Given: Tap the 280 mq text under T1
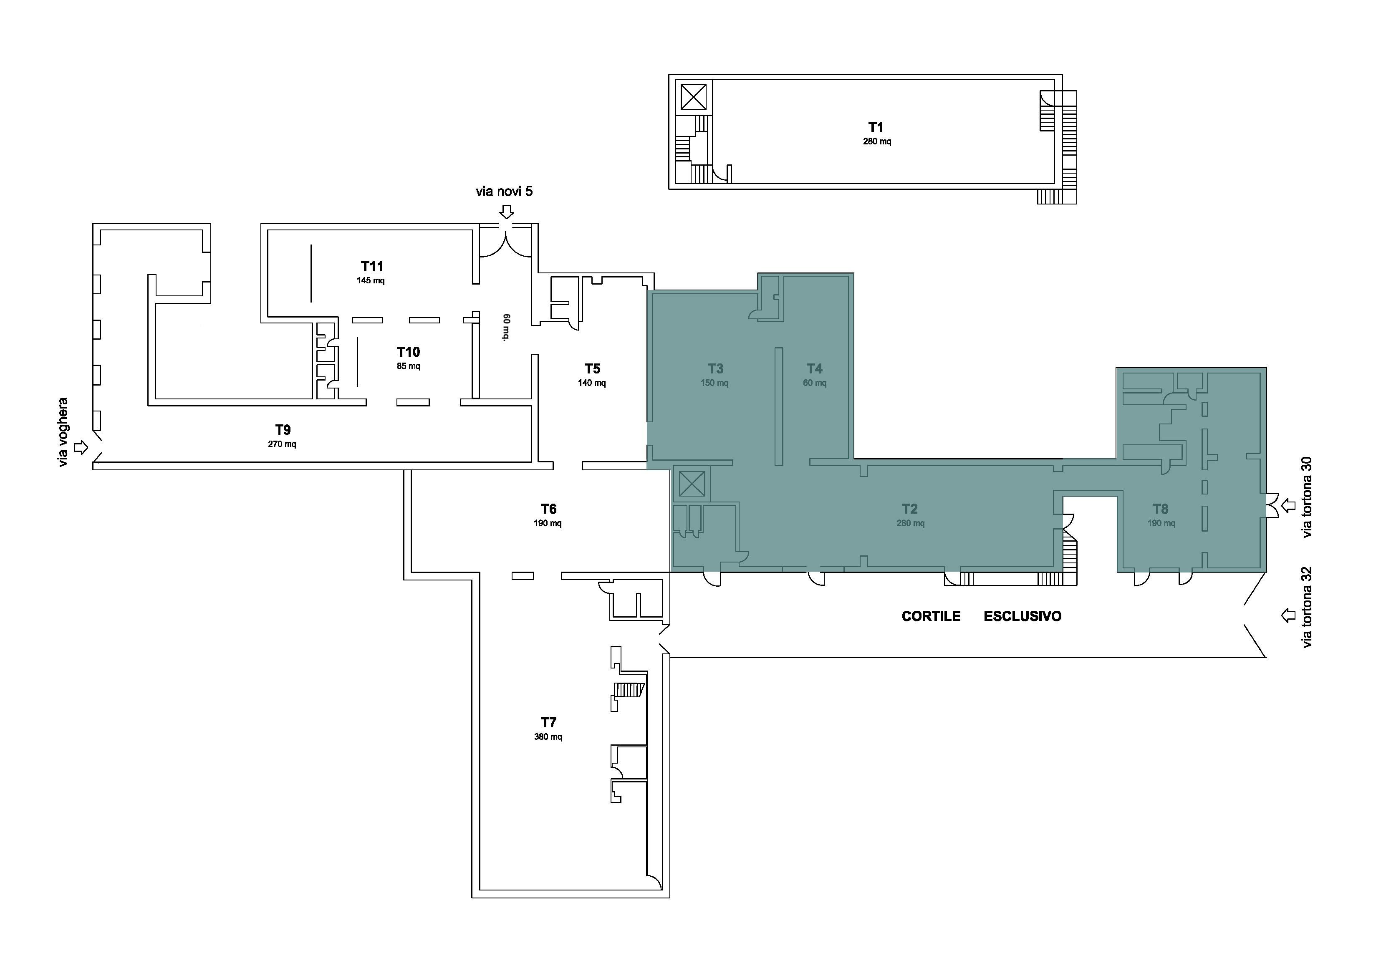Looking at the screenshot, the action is click(x=877, y=142).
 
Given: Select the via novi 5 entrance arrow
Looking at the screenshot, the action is click(x=507, y=212).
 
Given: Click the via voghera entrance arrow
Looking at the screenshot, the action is click(x=81, y=447).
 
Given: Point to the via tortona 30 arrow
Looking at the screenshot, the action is click(x=1288, y=506).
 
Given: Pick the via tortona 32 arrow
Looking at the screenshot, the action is click(x=1288, y=615).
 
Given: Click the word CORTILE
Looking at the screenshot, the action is click(x=931, y=616).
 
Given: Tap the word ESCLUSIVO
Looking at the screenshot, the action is click(x=1022, y=616).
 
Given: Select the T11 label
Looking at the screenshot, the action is click(x=372, y=266).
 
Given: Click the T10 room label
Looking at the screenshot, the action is click(x=409, y=352).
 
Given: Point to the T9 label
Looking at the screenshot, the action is click(x=283, y=430).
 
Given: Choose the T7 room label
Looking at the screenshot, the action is click(x=548, y=722).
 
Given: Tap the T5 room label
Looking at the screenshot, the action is click(x=593, y=368).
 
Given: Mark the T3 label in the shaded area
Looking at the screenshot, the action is click(x=715, y=368).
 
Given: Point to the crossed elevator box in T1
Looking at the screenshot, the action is click(x=694, y=97).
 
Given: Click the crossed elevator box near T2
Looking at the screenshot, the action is click(x=691, y=484).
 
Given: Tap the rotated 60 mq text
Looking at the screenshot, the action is click(x=506, y=327).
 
